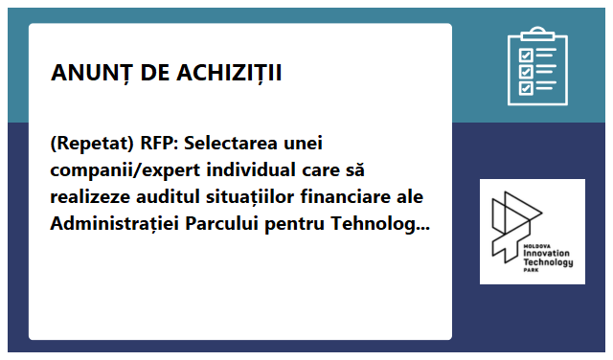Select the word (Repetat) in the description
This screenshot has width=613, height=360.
91,145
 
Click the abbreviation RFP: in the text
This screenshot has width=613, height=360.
159,145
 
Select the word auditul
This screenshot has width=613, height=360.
169,198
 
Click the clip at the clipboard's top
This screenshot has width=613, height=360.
536,34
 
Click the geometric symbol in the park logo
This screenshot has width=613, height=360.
518,220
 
